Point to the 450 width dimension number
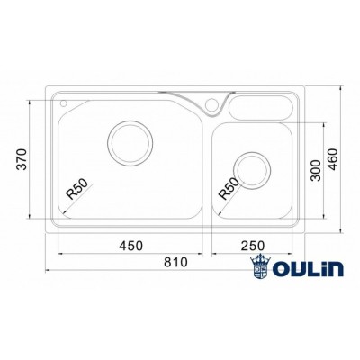[x=132, y=246]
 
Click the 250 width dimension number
[x=253, y=246]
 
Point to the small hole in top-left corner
[x=64, y=103]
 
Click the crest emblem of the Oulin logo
[x=262, y=269]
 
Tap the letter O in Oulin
[x=284, y=271]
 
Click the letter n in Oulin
[x=333, y=271]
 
